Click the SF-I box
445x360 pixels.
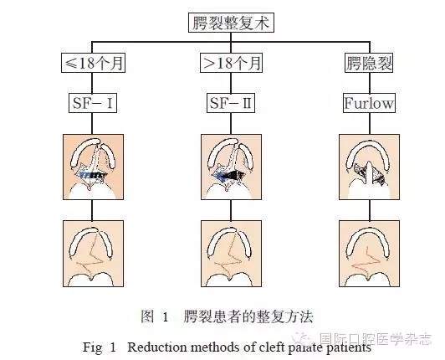[x=92, y=103]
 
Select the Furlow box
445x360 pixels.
[x=369, y=103]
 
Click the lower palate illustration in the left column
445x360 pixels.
[x=92, y=250]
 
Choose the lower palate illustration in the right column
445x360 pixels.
[x=369, y=250]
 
